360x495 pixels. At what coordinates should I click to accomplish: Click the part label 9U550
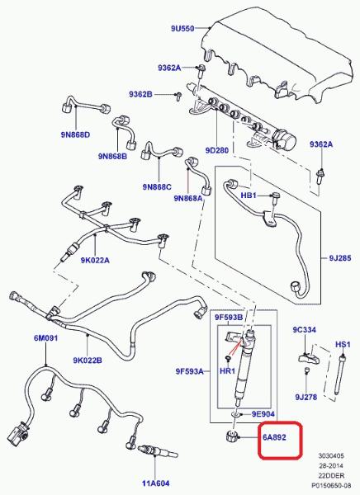coord(182,28)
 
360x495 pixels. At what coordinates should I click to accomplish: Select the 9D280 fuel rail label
coord(217,150)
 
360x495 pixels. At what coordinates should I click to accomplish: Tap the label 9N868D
coord(75,134)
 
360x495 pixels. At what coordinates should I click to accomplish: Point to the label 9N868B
coord(112,156)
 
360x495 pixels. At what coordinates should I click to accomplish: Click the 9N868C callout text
coord(157,187)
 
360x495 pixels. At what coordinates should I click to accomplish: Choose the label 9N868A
coord(188,198)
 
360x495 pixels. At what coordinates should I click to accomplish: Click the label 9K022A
coord(95,260)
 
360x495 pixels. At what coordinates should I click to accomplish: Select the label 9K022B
coord(88,361)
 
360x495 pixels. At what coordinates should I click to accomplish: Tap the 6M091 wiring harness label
coord(46,338)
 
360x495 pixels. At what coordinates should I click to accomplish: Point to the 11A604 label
coord(155,483)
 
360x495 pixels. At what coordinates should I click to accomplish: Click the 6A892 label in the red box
coord(274,437)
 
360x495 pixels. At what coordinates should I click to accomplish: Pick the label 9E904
coord(263,414)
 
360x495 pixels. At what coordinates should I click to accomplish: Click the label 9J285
coord(340,258)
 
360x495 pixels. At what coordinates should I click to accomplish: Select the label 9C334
coord(304,330)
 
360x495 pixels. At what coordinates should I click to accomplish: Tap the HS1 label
coord(343,344)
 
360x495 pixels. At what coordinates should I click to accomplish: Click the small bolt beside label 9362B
coord(178,96)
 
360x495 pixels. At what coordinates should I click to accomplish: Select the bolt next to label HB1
coord(275,198)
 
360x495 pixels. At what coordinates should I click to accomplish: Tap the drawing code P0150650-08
coord(331,485)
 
